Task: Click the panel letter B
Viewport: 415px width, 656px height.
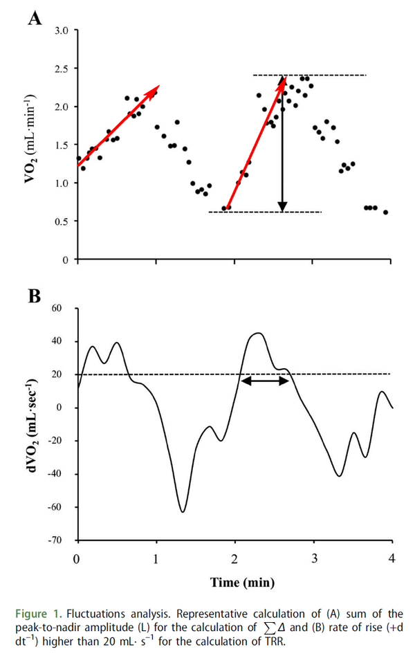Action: tap(33, 295)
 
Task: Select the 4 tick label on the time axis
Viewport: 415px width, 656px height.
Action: tap(393, 558)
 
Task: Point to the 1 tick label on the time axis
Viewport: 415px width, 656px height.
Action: tap(156, 558)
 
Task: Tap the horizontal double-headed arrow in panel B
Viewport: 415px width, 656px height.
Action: tap(264, 381)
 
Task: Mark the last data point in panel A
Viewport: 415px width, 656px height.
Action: tap(385, 212)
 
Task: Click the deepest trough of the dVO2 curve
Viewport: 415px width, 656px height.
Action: tap(183, 511)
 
